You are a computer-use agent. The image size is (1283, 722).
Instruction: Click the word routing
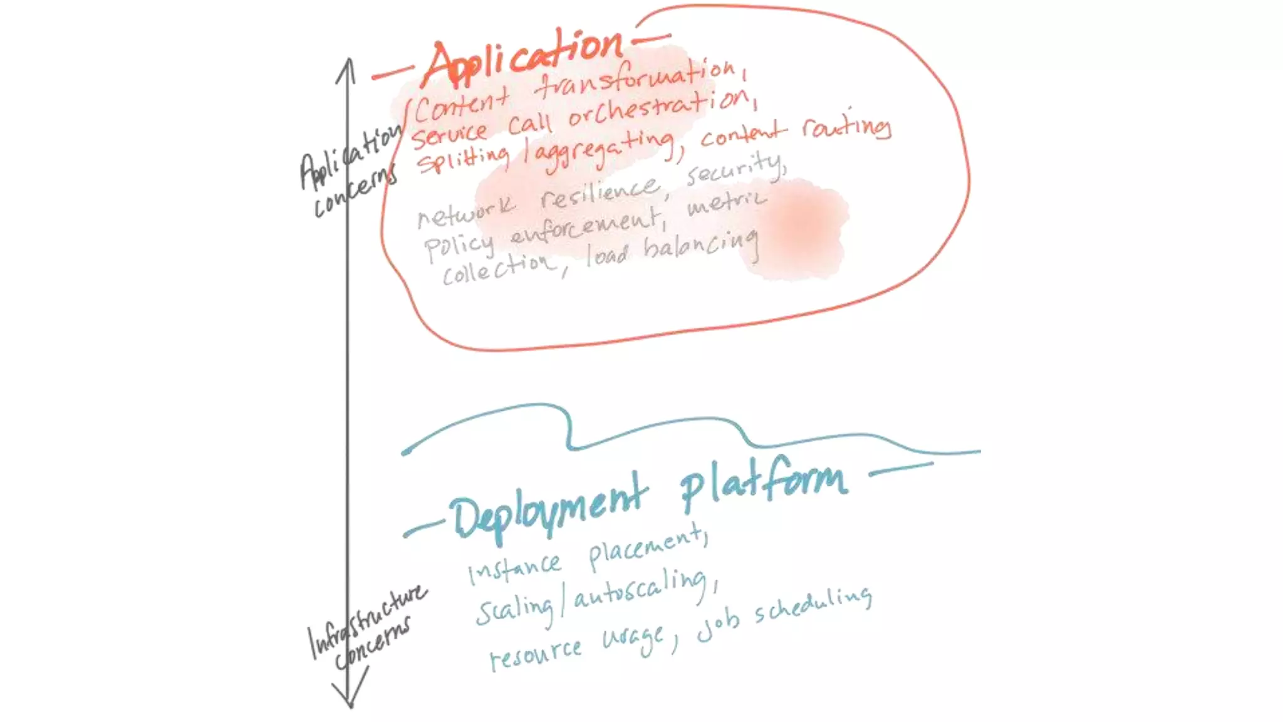846,127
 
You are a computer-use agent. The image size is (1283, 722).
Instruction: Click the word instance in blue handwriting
515,567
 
